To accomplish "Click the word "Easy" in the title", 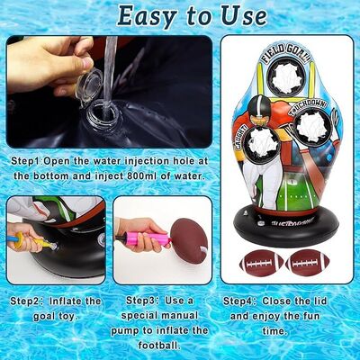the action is pos(147,16).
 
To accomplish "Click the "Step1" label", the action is pos(25,161).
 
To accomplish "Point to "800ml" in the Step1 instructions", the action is pos(142,175).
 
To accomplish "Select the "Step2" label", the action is pos(24,301).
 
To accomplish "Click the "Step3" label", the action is pos(140,301).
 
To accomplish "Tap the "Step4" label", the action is pos(238,301).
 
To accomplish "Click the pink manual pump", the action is pos(150,237).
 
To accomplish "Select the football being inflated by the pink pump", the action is pos(189,241).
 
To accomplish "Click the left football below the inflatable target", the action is pos(261,263).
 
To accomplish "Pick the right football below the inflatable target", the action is pos(308,263).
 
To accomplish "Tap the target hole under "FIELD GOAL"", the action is pos(285,76).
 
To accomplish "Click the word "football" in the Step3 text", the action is pos(158,346).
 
